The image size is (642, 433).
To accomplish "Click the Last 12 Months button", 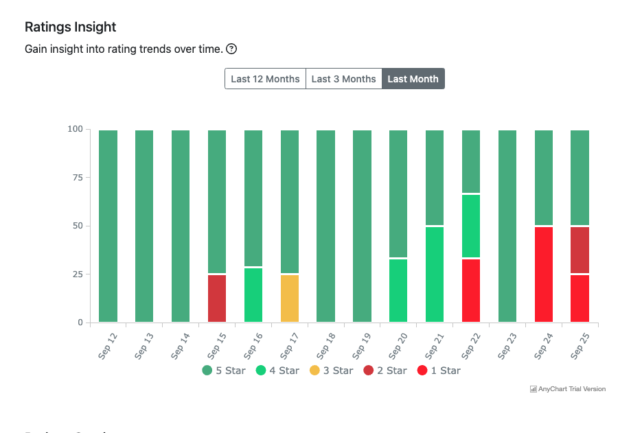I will click(265, 79).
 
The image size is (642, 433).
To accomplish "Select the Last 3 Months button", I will click(343, 79).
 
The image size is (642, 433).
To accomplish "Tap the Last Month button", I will click(413, 79).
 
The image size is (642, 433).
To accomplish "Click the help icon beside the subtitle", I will click(231, 49).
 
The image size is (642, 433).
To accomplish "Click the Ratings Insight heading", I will click(70, 27).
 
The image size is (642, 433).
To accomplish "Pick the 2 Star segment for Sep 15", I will click(217, 299).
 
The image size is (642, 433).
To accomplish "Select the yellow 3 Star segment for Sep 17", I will click(290, 299).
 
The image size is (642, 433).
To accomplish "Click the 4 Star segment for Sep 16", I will click(253, 295).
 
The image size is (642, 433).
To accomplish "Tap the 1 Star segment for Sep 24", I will click(544, 274).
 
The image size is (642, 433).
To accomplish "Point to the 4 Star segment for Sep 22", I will click(471, 226).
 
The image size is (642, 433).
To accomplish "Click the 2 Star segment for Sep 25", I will click(580, 250).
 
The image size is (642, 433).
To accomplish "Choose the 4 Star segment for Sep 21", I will click(435, 274).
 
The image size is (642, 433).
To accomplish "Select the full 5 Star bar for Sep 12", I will click(108, 226).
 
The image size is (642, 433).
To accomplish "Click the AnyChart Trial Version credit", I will click(568, 389).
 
